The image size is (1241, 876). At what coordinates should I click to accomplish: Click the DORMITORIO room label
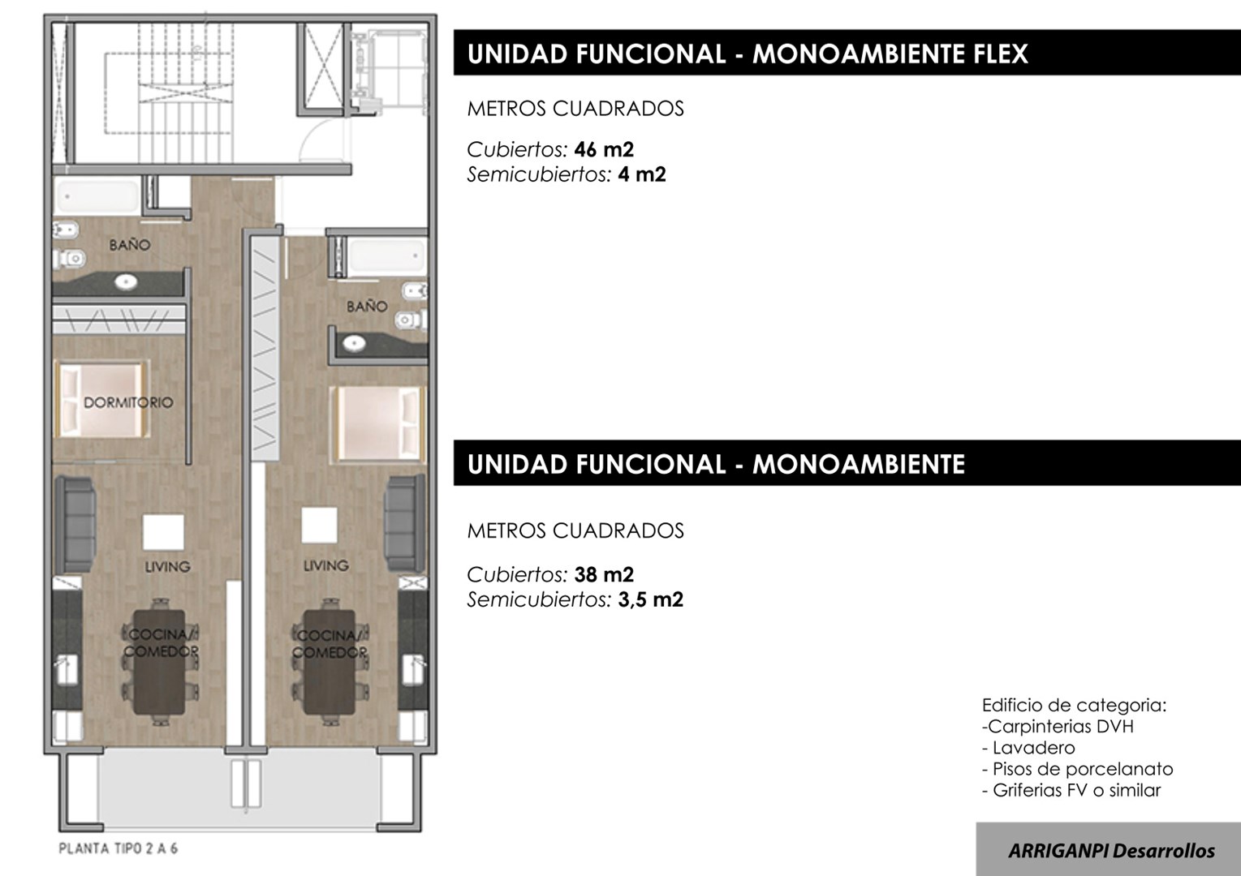[128, 402]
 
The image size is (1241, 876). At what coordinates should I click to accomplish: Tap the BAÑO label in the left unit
[130, 245]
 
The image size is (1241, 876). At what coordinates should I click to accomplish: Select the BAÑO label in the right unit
[367, 307]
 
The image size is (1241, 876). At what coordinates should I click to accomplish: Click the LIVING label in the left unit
[167, 566]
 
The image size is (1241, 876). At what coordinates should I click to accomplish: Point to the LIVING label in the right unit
[325, 565]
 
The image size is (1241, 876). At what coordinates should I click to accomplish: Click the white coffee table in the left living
[163, 532]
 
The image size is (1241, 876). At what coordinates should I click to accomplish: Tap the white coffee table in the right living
[319, 525]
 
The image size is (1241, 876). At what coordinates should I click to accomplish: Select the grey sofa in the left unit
[76, 525]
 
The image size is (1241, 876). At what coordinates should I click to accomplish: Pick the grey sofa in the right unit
[406, 522]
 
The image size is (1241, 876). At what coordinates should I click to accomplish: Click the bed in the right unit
[378, 424]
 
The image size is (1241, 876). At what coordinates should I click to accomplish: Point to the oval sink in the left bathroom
[127, 282]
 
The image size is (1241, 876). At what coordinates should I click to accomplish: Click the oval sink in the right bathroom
[354, 344]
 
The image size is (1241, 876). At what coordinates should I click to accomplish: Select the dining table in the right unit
[330, 662]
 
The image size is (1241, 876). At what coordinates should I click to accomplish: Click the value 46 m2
[604, 149]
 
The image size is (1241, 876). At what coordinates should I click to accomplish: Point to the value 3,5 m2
[650, 599]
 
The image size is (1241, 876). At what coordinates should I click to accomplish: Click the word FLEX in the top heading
[1001, 54]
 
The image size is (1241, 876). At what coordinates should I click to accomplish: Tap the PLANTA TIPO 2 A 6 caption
[118, 849]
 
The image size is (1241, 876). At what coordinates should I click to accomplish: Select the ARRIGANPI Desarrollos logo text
[1111, 851]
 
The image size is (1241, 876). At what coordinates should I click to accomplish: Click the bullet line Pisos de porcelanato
[1078, 769]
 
